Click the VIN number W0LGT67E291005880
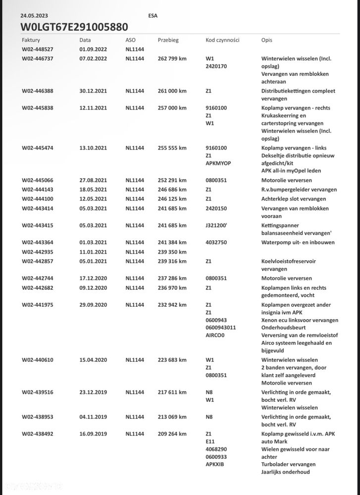(x=74, y=27)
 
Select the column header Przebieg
(x=168, y=40)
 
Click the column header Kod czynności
(x=222, y=40)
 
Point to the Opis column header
(x=266, y=40)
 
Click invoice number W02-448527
(x=38, y=49)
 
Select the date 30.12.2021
(x=93, y=91)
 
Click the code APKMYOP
(x=218, y=164)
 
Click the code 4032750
(x=216, y=243)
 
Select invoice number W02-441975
(x=38, y=305)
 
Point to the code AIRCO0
(x=215, y=335)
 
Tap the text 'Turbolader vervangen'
(x=288, y=465)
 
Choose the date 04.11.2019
(x=93, y=417)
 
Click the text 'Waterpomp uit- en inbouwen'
(x=298, y=243)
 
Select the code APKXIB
(x=215, y=465)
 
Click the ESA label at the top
(x=153, y=15)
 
